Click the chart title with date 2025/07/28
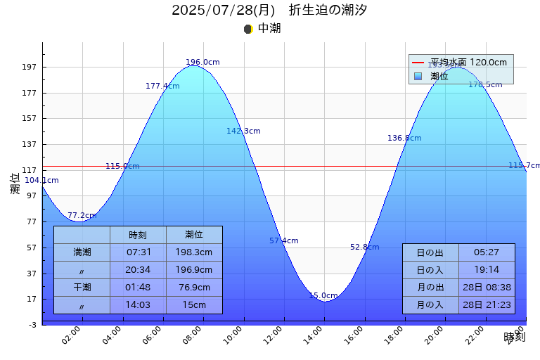(269, 11)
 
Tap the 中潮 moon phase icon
(247, 29)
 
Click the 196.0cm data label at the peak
(202, 63)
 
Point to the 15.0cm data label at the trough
(323, 296)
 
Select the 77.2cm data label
(82, 216)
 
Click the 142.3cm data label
(243, 131)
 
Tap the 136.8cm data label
(404, 139)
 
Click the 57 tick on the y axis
(31, 247)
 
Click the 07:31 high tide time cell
(138, 252)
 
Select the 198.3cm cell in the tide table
(194, 252)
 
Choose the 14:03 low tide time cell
(138, 305)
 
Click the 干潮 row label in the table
(82, 288)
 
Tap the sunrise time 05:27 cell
(487, 252)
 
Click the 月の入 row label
(430, 305)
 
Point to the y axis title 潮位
(15, 184)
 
